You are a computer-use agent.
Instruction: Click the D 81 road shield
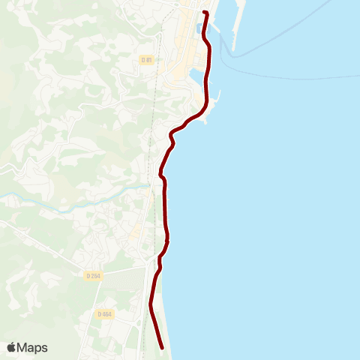[x=147, y=59]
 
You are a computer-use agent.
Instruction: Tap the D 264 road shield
[x=94, y=276]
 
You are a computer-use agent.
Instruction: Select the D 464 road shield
[x=104, y=313]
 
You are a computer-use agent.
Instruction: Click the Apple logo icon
[x=12, y=347]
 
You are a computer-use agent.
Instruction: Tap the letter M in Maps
[x=22, y=347]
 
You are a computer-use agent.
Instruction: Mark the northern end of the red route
[x=204, y=13]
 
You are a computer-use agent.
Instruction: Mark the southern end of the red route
[x=163, y=346]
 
